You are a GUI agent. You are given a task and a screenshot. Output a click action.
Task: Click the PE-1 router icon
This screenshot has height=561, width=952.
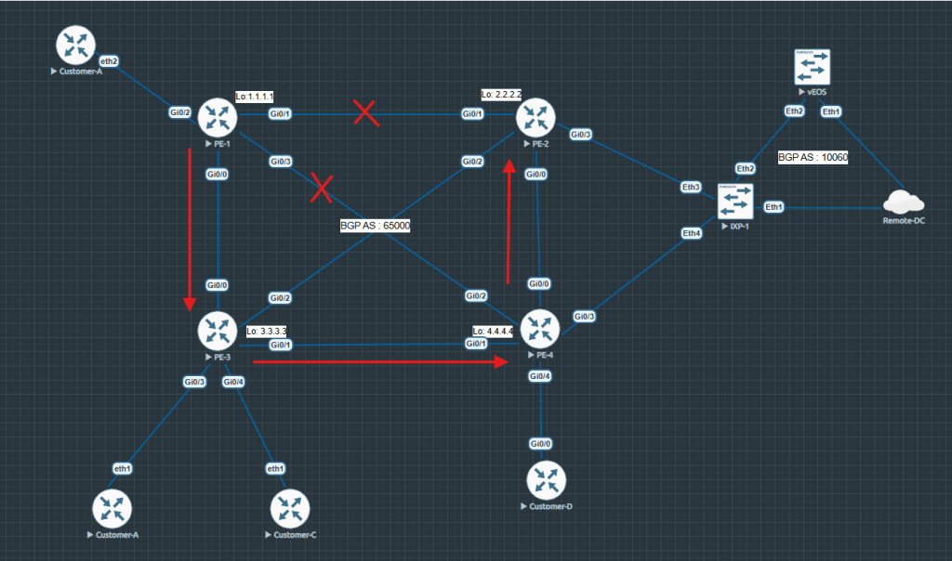[218, 117]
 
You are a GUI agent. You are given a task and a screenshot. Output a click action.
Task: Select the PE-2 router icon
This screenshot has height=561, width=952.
[535, 116]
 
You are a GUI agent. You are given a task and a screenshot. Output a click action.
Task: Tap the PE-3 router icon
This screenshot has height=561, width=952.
[218, 330]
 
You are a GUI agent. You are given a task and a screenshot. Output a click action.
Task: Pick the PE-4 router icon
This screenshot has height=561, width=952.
[539, 328]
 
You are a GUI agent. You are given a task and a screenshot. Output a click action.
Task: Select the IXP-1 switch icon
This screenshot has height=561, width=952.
[735, 202]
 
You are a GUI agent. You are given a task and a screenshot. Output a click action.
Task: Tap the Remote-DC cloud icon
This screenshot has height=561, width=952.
[904, 202]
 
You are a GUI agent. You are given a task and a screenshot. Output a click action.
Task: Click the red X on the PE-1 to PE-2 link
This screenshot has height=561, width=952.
[366, 113]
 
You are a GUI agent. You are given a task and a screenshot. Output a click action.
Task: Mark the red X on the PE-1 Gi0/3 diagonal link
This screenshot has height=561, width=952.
[322, 187]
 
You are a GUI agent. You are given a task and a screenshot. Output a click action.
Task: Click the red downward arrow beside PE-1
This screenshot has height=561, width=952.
[190, 228]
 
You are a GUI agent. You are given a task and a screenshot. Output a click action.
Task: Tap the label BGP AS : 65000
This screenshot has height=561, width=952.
[376, 225]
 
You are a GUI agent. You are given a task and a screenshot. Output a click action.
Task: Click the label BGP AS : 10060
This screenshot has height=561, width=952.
[813, 158]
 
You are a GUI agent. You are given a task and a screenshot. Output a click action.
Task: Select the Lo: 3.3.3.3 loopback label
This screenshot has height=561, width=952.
[266, 331]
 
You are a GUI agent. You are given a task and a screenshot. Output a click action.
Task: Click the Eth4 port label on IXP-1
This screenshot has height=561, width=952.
[692, 233]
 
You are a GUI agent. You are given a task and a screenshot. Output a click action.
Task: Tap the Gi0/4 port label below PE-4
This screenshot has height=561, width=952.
[540, 376]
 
